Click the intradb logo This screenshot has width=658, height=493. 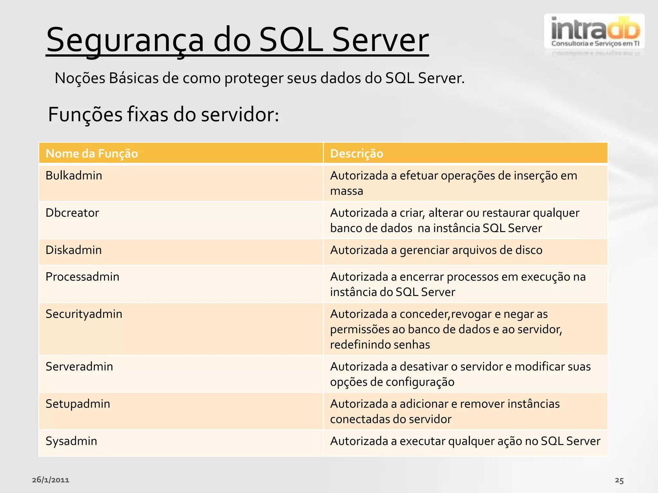594,31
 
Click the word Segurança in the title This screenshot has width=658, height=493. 125,40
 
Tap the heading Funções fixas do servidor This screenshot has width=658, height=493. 163,115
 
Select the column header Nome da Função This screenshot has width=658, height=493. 92,153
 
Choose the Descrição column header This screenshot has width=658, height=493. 357,153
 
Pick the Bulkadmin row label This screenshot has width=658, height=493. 74,176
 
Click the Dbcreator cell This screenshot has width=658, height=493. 72,213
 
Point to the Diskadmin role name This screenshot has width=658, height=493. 74,250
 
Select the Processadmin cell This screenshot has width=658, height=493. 82,277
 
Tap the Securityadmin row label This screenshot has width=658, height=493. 84,314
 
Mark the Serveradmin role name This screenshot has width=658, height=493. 79,367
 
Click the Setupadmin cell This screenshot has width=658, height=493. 78,404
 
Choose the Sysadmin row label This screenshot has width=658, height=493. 71,441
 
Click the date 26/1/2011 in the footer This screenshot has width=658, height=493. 50,480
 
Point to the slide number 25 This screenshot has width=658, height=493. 619,480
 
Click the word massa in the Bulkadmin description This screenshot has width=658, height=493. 346,191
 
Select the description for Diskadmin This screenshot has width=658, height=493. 436,250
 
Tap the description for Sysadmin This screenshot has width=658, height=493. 465,441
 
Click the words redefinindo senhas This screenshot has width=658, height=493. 380,345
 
